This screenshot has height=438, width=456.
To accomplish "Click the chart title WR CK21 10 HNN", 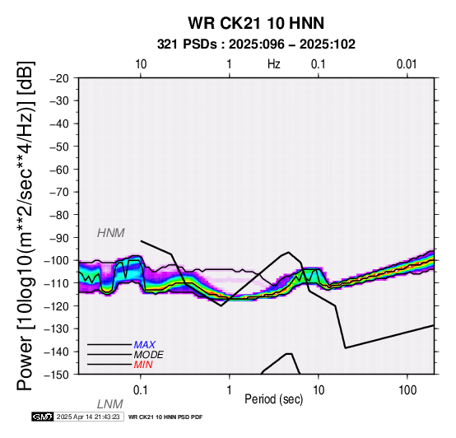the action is tap(256, 23).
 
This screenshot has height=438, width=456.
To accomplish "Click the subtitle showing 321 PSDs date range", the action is tap(256, 44).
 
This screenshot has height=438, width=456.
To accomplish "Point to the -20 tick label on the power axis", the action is tap(59, 78).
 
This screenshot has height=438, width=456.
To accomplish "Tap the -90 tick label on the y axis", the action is tap(59, 238).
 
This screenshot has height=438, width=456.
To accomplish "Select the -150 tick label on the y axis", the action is tap(57, 375).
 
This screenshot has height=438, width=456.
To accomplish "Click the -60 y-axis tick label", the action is tap(59, 170).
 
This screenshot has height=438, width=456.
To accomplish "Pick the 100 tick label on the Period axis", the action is tap(407, 390).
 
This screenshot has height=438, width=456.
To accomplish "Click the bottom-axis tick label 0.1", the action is tap(141, 390).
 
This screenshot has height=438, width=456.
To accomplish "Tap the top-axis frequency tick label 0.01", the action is tap(407, 64).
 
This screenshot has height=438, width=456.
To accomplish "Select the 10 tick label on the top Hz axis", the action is tap(141, 64).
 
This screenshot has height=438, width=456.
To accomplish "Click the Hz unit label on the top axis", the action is tap(274, 64).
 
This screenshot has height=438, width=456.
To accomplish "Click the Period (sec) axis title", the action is tap(273, 399).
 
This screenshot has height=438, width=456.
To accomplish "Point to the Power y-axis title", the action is tap(25, 226).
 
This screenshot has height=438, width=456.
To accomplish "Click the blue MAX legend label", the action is tap(145, 345).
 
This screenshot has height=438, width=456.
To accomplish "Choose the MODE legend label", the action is tap(149, 355).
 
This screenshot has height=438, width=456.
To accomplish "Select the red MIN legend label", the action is tap(143, 365).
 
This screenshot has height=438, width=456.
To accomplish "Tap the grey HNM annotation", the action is tap(111, 233).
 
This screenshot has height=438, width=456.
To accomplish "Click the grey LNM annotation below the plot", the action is tap(110, 404).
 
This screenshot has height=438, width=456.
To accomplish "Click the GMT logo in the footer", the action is tap(43, 417).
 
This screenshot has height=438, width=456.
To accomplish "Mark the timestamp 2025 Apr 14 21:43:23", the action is tap(88, 417).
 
